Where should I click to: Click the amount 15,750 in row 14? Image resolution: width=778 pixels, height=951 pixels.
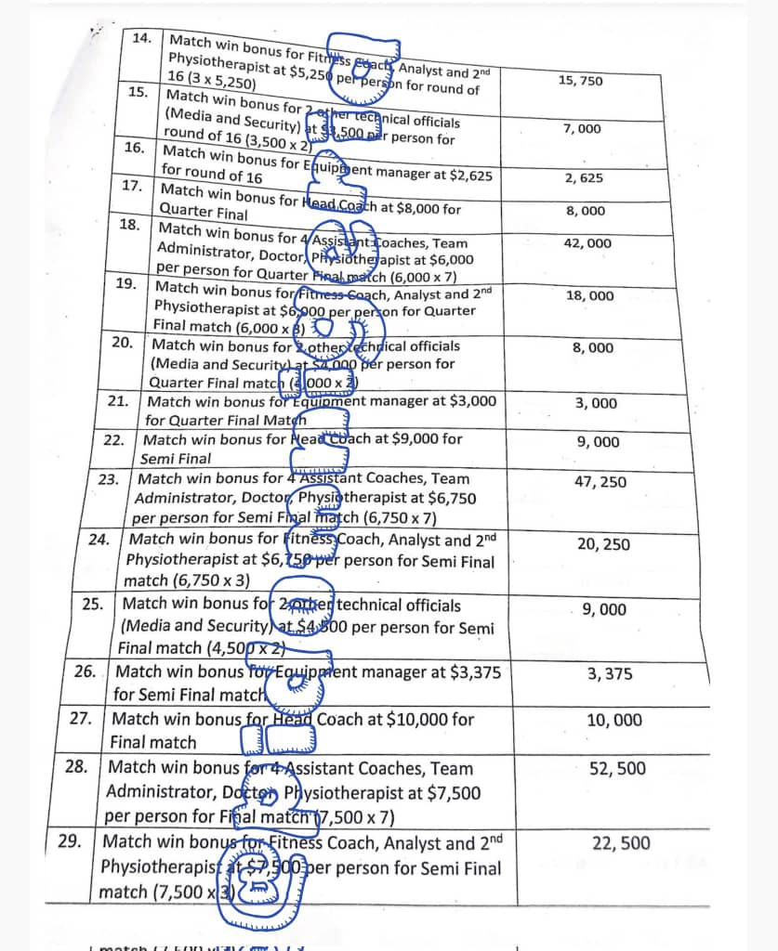(580, 81)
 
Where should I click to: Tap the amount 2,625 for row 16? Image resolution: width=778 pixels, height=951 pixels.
(584, 178)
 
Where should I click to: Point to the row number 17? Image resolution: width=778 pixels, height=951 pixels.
(132, 185)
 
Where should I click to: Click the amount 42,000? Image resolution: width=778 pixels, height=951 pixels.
(587, 243)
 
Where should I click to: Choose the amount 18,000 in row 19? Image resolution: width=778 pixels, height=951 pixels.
(589, 295)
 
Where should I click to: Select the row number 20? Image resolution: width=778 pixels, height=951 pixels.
(122, 342)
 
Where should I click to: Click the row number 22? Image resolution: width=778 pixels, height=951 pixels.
(113, 439)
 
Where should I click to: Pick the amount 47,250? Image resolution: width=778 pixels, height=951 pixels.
(600, 482)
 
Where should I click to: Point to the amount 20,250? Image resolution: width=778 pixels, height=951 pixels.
(603, 544)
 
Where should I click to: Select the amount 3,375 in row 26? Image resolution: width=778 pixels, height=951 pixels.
(610, 674)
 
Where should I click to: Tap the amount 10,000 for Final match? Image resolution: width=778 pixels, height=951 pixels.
(613, 720)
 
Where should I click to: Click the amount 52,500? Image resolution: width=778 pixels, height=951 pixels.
(617, 768)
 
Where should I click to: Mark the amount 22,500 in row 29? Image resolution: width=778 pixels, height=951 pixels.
(621, 843)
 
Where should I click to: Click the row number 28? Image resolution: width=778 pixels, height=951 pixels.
(76, 767)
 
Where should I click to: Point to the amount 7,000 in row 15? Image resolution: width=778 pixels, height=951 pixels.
(582, 128)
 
